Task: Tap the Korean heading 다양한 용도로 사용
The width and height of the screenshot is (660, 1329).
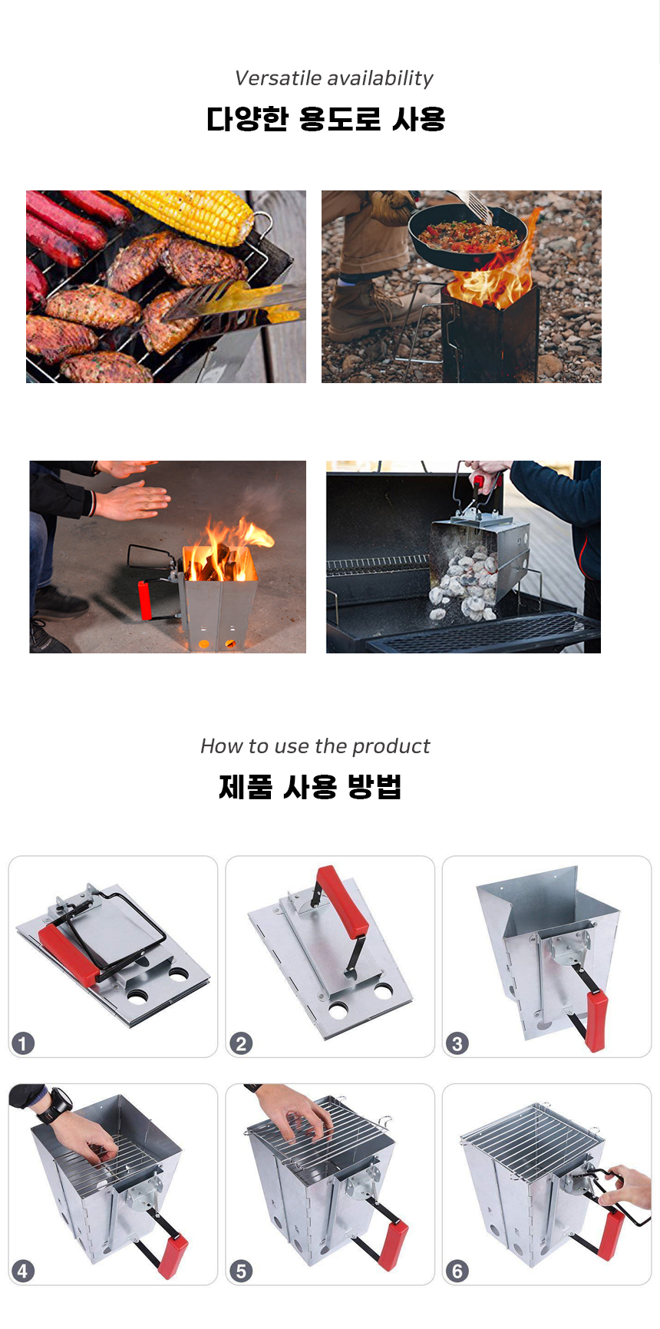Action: pyautogui.click(x=326, y=119)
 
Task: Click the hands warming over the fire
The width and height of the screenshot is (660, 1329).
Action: pyautogui.click(x=130, y=491)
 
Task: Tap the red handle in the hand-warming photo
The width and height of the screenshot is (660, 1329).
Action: pyautogui.click(x=144, y=600)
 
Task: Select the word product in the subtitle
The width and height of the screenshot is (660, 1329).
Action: pyautogui.click(x=391, y=746)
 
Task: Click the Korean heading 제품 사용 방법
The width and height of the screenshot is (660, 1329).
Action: pyautogui.click(x=310, y=787)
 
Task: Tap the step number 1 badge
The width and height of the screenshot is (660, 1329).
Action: pyautogui.click(x=23, y=1043)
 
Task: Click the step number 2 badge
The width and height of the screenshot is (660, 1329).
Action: pyautogui.click(x=241, y=1043)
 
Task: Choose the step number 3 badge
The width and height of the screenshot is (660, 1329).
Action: pyautogui.click(x=457, y=1043)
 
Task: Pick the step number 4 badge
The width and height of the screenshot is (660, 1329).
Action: pyautogui.click(x=23, y=1271)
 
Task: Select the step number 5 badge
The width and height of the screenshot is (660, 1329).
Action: pyautogui.click(x=241, y=1271)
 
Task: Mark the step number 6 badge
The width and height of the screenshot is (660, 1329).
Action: pyautogui.click(x=457, y=1271)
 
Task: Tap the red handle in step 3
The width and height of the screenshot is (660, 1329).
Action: pyautogui.click(x=595, y=1020)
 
